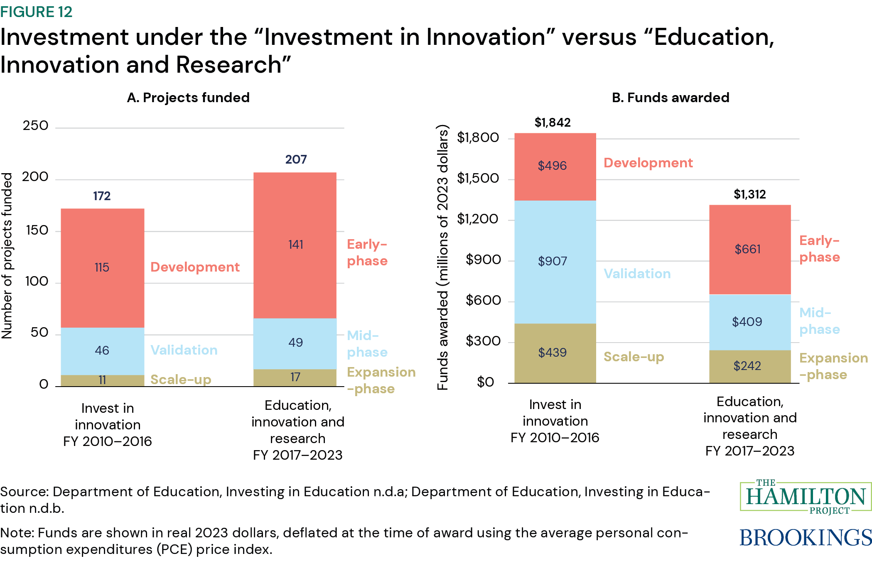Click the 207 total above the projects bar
296,159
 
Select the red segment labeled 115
102,267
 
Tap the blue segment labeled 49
295,343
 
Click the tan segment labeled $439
555,353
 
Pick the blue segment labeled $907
555,262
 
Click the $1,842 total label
553,122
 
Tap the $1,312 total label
749,194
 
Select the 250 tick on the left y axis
36,126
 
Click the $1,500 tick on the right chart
478,179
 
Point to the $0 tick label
485,382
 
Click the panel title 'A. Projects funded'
188,98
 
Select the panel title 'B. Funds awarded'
671,98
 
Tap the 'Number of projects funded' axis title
7,255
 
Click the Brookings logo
805,538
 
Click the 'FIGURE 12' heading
37,12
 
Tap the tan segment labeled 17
295,377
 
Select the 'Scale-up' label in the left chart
181,380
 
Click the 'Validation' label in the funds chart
637,274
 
